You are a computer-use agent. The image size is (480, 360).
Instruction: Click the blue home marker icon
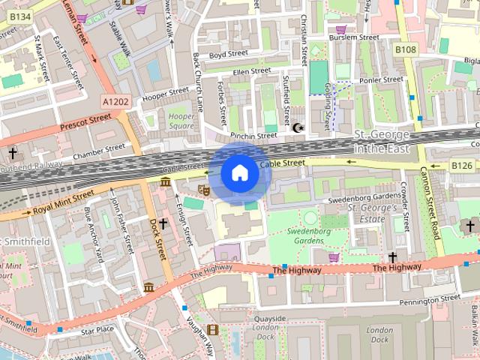[239, 173]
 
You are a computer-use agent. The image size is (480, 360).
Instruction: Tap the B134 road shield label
[21, 16]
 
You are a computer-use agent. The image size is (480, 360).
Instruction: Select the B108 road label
[406, 49]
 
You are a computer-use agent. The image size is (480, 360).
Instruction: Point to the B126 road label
[461, 165]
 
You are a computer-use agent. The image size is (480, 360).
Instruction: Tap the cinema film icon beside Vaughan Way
[214, 329]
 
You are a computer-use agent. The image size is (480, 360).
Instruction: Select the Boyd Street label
[228, 54]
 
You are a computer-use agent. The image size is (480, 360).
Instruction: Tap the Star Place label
[97, 329]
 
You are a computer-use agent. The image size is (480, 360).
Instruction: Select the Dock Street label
[157, 239]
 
